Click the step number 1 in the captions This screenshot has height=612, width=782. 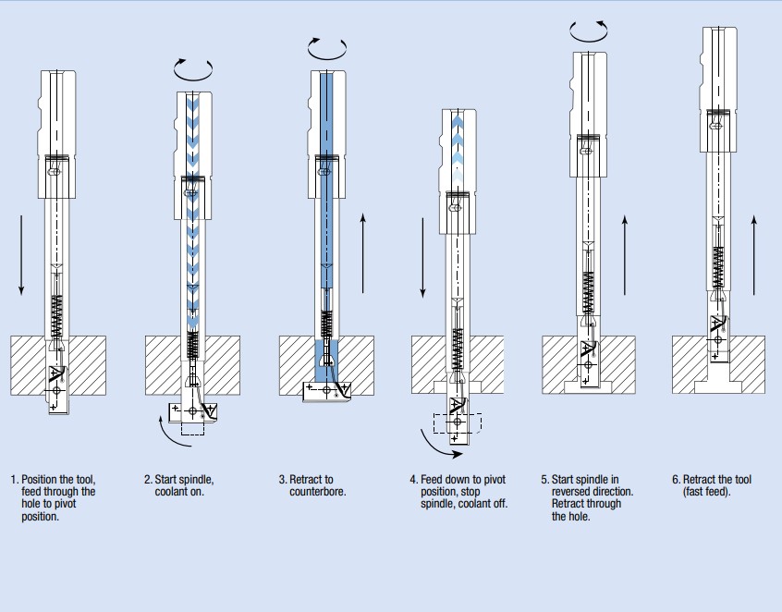click(14, 480)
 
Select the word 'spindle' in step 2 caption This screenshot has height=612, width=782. click(197, 480)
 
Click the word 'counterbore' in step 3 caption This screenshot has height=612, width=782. click(317, 492)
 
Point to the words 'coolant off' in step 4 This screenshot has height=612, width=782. click(482, 504)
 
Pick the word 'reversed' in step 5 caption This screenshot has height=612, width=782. click(575, 492)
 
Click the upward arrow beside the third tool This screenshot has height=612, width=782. click(363, 249)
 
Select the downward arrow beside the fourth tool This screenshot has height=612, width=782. click(422, 258)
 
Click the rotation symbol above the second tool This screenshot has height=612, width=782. click(193, 67)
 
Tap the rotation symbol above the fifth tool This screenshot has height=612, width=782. click(590, 31)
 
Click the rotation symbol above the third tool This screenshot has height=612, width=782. click(327, 48)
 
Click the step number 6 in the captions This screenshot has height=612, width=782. click(676, 480)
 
